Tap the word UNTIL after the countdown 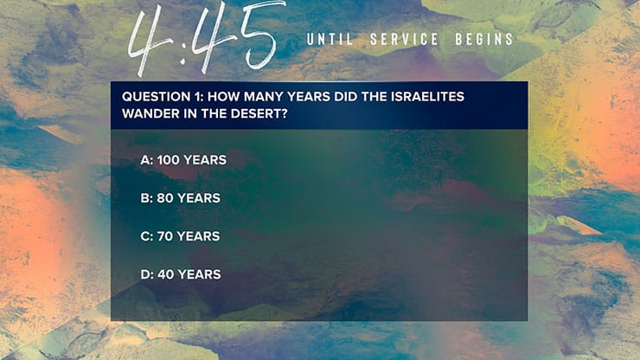[x=330, y=40]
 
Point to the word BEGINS [x=483, y=40]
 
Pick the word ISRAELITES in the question [x=425, y=96]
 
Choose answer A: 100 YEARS [x=183, y=160]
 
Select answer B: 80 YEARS [x=180, y=198]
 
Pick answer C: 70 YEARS [x=180, y=236]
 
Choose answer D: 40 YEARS [x=181, y=274]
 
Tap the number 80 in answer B [x=165, y=198]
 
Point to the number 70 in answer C [x=165, y=236]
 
